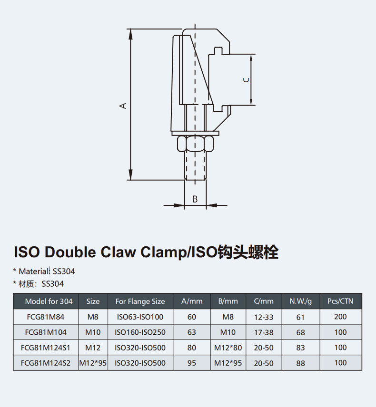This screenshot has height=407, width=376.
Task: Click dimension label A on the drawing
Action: pos(123,106)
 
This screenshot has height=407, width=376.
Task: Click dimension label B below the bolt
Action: pos(195,199)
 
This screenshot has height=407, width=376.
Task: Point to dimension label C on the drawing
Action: pos(246,80)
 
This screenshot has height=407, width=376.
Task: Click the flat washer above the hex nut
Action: pos(195,134)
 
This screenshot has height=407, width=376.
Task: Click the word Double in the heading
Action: pos(70,252)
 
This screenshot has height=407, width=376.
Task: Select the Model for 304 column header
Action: pos(49,301)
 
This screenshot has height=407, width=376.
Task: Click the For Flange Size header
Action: pos(140,301)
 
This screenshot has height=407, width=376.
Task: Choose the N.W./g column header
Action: pos(301,301)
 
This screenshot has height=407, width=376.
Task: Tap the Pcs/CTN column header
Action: pos(340,301)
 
